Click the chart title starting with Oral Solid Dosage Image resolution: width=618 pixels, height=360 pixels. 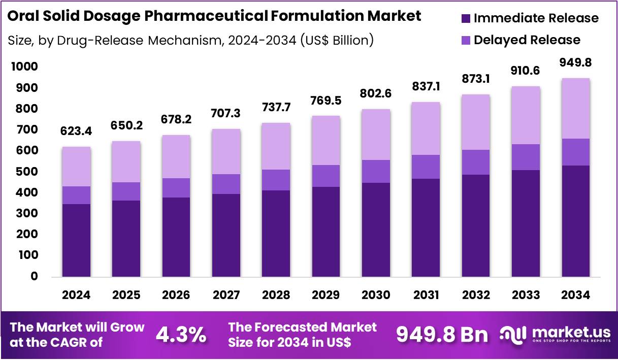pyautogui.click(x=214, y=16)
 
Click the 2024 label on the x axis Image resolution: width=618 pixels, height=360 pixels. pyautogui.click(x=76, y=296)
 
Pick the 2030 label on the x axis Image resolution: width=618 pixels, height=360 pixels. pyautogui.click(x=376, y=296)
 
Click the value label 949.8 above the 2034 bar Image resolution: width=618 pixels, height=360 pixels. pyautogui.click(x=575, y=62)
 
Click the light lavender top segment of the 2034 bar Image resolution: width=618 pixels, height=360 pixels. pyautogui.click(x=575, y=108)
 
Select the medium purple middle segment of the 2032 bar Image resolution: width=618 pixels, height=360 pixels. pyautogui.click(x=476, y=162)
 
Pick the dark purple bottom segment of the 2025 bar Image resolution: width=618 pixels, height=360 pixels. pyautogui.click(x=126, y=239)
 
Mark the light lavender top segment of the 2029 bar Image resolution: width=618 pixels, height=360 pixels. pyautogui.click(x=326, y=141)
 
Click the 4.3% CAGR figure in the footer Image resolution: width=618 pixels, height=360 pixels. pyautogui.click(x=180, y=335)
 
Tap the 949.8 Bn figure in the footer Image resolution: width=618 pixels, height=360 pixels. pyautogui.click(x=441, y=335)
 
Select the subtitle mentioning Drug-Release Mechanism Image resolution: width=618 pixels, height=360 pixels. pyautogui.click(x=191, y=40)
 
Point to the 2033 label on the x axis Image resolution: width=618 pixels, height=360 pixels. pyautogui.click(x=526, y=296)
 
